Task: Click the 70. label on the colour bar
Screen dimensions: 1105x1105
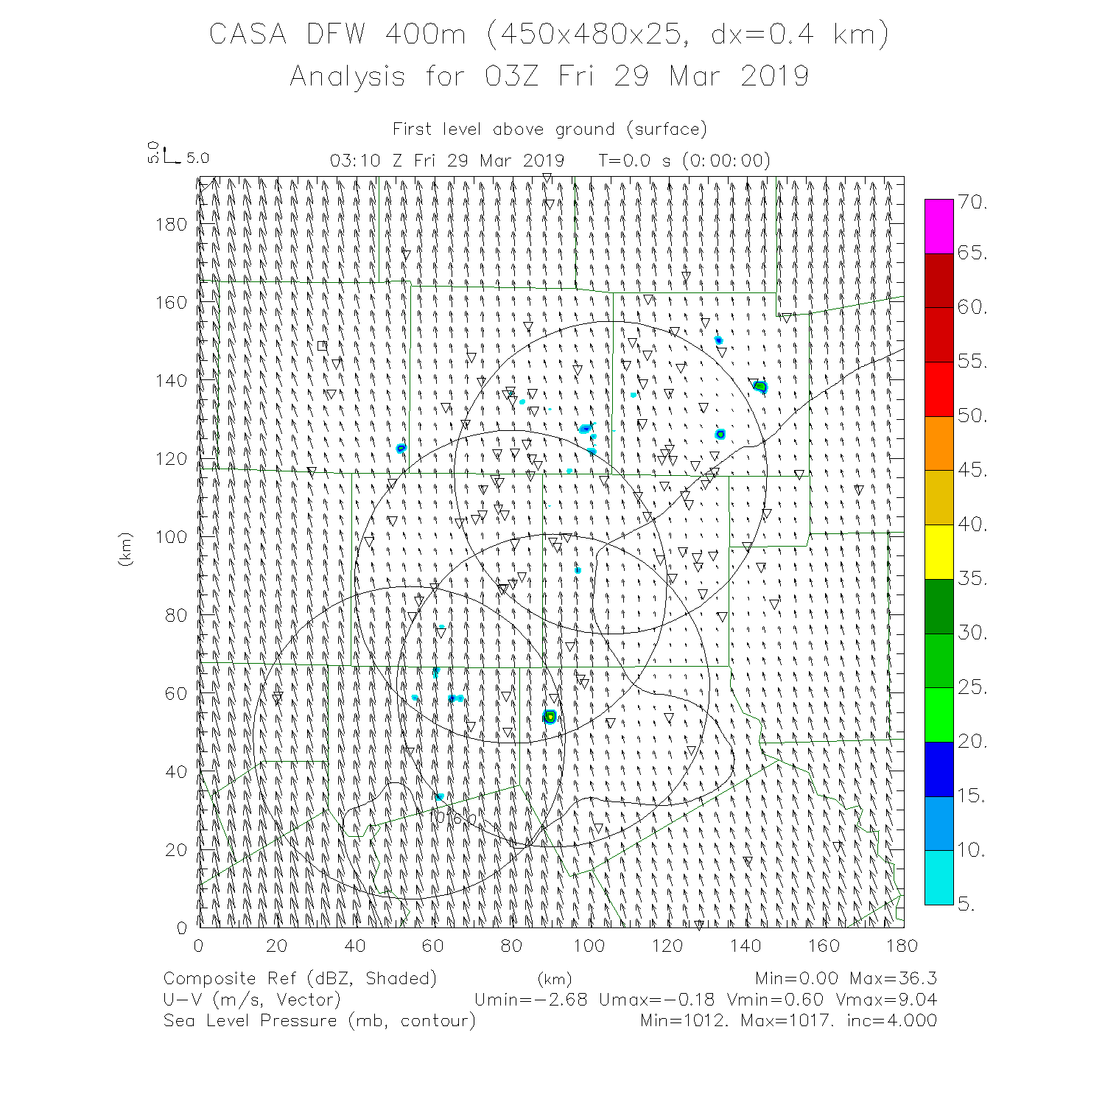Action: pyautogui.click(x=972, y=203)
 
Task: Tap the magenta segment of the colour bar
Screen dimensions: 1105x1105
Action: pyautogui.click(x=939, y=226)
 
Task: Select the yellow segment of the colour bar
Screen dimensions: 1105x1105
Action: pyautogui.click(x=939, y=552)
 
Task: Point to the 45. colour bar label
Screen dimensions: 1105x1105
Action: pyautogui.click(x=972, y=470)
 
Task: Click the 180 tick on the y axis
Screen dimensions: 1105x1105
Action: pyautogui.click(x=171, y=225)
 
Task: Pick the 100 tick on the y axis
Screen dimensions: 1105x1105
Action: pyautogui.click(x=171, y=537)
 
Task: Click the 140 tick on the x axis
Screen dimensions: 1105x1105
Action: pyautogui.click(x=746, y=946)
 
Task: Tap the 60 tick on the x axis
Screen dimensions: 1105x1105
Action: pyautogui.click(x=432, y=946)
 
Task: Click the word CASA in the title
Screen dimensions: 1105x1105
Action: pyautogui.click(x=248, y=35)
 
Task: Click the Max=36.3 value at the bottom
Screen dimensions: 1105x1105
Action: pyautogui.click(x=893, y=978)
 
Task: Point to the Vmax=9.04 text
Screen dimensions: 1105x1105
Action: pyautogui.click(x=886, y=1000)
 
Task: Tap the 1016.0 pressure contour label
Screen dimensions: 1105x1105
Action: pyautogui.click(x=455, y=818)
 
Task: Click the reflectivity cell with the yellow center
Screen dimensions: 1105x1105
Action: pyautogui.click(x=550, y=717)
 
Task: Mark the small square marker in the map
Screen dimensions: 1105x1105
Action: pyautogui.click(x=322, y=345)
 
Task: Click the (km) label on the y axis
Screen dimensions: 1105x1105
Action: pyautogui.click(x=125, y=549)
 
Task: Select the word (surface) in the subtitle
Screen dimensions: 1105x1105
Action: pyautogui.click(x=667, y=130)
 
